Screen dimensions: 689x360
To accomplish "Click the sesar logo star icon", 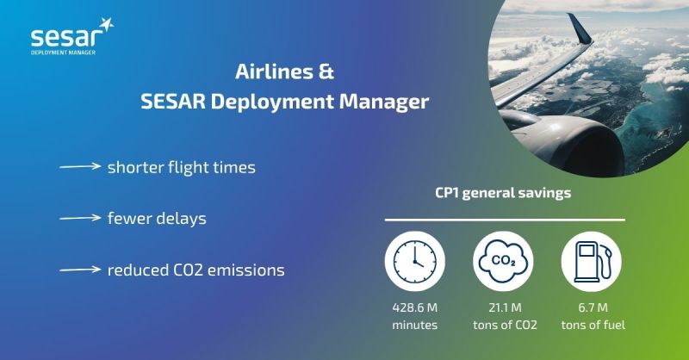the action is (x=106, y=25).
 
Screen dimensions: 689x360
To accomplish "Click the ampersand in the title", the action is (x=326, y=71).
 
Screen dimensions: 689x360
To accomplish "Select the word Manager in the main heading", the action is (x=383, y=102).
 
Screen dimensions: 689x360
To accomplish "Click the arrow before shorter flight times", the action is (x=80, y=166).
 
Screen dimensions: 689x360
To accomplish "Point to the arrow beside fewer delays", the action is (x=80, y=218).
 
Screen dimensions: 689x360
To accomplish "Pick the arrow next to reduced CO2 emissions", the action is (x=80, y=270).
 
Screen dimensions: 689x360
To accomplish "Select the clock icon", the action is (x=415, y=262).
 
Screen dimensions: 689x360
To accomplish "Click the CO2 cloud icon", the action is (x=503, y=262).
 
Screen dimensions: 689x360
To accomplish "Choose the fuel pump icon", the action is (x=592, y=262).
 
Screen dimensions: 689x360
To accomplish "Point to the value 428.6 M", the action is (x=415, y=307).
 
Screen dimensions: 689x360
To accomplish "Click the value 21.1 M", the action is (x=505, y=307).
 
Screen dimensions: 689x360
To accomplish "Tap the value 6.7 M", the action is (x=593, y=307).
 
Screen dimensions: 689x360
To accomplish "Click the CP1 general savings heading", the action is (x=503, y=193).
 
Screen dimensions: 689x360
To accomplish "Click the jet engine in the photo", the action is (x=567, y=140).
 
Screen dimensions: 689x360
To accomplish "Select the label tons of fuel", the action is (x=593, y=326).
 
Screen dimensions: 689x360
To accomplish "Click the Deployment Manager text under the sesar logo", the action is (x=63, y=53).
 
